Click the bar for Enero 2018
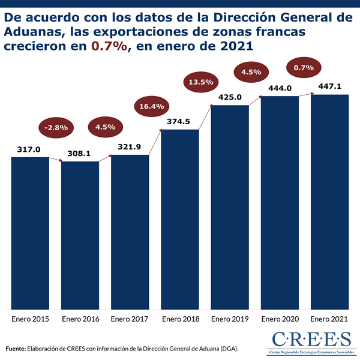point(180,219)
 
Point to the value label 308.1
point(79,154)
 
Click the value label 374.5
point(179,122)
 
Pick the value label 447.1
point(329,86)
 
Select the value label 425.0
point(230,97)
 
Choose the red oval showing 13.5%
point(202,82)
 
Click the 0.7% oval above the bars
point(304,68)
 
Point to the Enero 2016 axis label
point(80,319)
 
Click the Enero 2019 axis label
point(230,319)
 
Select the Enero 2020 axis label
point(280,319)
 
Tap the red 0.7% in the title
point(109,45)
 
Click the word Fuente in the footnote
point(16,348)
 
